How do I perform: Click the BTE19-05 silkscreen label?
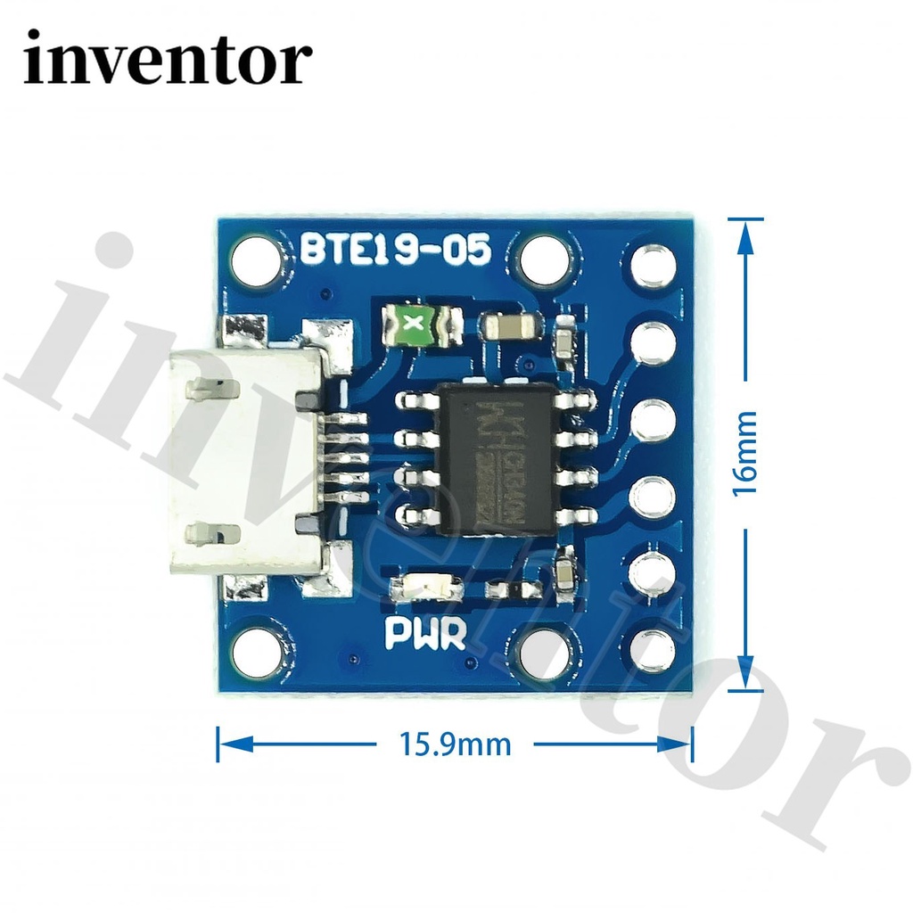click(395, 249)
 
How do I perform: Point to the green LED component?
click(412, 326)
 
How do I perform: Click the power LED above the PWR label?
click(427, 588)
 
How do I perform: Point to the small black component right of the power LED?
click(514, 589)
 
